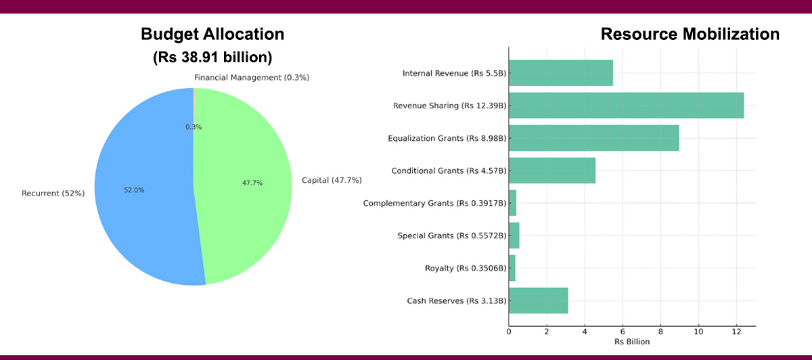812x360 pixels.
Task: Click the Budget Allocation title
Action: [212, 35]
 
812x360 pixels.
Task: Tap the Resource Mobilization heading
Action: [690, 35]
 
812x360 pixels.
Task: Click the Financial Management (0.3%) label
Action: [252, 77]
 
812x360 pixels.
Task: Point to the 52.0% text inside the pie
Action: [133, 190]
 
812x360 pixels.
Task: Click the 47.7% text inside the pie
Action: [252, 183]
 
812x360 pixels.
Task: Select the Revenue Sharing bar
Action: [626, 106]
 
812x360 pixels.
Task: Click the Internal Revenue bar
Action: [560, 73]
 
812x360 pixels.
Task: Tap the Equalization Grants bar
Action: [593, 138]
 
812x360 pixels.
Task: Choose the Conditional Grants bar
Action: [551, 171]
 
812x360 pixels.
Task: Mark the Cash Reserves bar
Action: [538, 300]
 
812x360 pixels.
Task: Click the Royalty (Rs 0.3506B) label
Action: [466, 268]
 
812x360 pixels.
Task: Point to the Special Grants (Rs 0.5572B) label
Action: [452, 235]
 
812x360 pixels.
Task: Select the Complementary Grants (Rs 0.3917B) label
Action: [434, 203]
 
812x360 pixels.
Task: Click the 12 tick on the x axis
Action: [736, 331]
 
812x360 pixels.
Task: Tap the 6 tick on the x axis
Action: [623, 331]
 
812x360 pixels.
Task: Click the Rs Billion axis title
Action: [632, 342]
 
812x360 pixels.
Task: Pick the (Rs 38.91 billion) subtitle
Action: [212, 58]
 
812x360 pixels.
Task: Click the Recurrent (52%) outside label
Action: [53, 194]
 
